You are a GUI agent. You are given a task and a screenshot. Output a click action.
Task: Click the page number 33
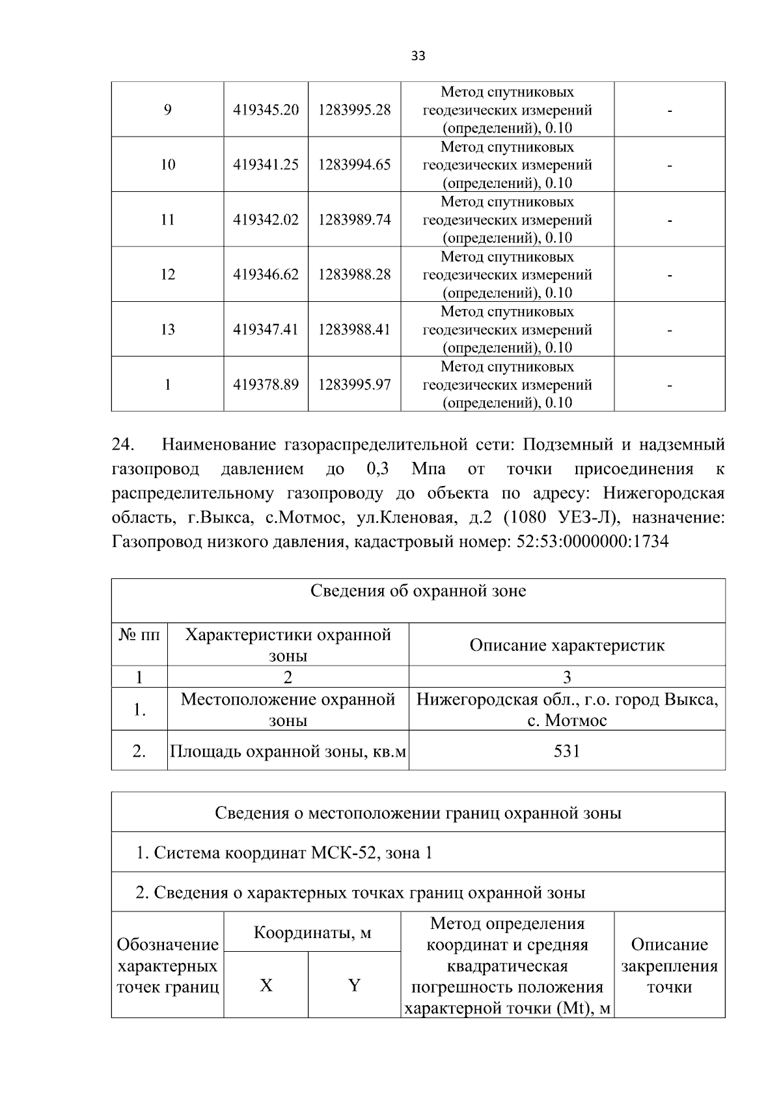coord(418,56)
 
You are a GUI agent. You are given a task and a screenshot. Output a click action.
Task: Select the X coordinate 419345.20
coord(266,110)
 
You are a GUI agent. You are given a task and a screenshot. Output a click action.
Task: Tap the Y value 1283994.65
coord(354,165)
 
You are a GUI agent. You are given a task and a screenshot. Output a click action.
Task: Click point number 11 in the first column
coord(168,220)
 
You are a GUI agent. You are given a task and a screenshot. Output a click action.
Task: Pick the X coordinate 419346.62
coord(266,275)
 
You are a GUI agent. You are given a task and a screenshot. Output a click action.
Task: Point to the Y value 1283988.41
coord(354,330)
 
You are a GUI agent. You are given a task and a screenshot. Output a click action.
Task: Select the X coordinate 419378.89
coord(266,384)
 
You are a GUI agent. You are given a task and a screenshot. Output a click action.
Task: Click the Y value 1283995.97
coord(354,384)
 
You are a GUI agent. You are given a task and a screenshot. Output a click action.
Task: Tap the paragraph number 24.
coord(123,445)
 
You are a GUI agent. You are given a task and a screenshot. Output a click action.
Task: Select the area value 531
coord(567,751)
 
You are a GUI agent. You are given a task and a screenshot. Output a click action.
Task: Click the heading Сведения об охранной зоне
coord(418,591)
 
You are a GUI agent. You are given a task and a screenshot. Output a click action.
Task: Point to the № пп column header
coord(139,634)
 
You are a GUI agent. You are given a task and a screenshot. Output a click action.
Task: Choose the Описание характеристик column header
coord(567,645)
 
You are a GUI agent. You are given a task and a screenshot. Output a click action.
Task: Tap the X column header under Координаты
coord(266,986)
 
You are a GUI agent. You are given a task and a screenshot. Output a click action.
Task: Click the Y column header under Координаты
coord(354,986)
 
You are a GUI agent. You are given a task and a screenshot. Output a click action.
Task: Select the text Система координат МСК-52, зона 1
coord(293,853)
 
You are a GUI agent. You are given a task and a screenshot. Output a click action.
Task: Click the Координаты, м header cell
coord(312,933)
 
